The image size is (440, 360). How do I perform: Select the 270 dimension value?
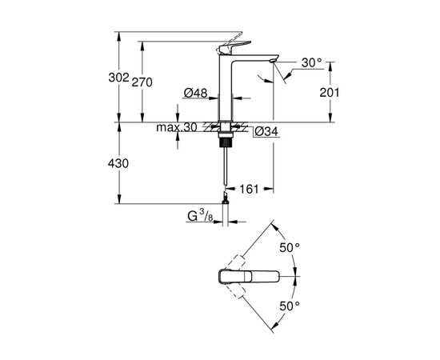tap(154, 82)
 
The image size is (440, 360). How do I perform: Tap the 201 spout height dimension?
tap(329, 93)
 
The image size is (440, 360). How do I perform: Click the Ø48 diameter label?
tap(195, 93)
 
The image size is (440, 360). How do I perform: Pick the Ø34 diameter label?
tap(267, 131)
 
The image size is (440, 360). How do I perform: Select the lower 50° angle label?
tap(289, 305)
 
